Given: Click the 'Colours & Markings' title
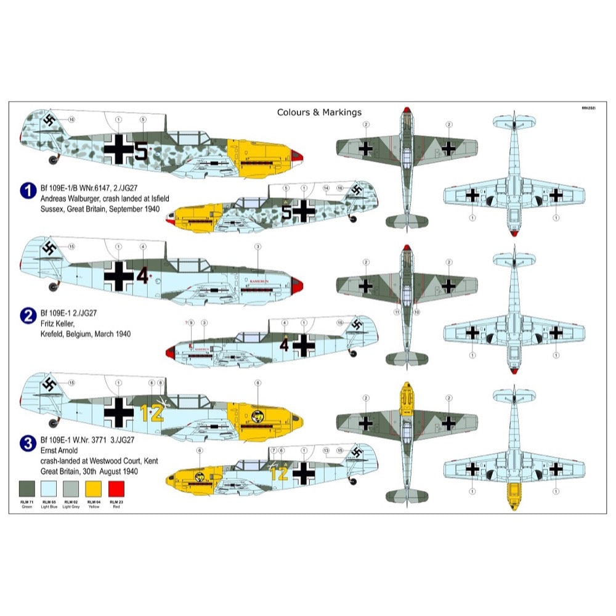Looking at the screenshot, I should [319, 112].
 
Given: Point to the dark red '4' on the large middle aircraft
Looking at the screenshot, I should [142, 276].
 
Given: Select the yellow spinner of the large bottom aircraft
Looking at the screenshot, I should [298, 419].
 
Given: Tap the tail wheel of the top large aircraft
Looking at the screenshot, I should [53, 161].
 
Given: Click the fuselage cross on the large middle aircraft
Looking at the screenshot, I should [118, 275].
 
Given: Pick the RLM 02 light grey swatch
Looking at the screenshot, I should [71, 488].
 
